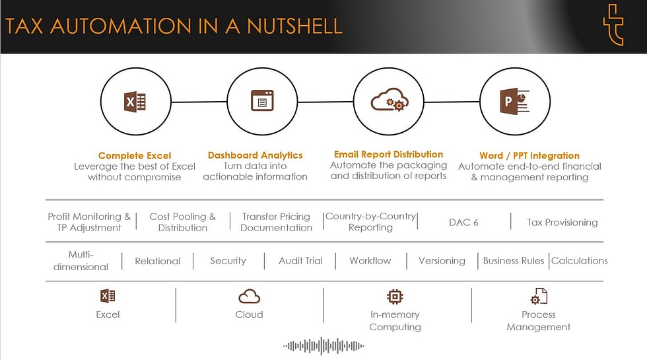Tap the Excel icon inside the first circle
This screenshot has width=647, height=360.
coord(135,102)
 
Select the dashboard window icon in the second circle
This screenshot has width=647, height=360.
coord(261,101)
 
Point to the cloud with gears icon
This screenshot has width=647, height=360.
coord(390,102)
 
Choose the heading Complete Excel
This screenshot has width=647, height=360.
coord(135,156)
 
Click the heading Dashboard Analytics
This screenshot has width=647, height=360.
coord(255,155)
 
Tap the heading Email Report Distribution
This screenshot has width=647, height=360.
coord(388,155)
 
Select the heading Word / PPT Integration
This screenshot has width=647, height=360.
coord(529,156)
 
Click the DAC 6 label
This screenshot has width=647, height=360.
coord(463,222)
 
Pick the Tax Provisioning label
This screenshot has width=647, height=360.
coord(562,222)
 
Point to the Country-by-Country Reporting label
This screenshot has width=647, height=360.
coord(370,221)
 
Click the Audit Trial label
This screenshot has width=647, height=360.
coord(300,260)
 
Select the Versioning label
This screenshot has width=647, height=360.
coord(442,260)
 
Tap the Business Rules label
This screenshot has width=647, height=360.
coord(514,260)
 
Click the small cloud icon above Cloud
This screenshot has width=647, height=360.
coord(249,296)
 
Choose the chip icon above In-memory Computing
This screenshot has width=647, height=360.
coord(395,296)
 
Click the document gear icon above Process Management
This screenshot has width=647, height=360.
coord(539,296)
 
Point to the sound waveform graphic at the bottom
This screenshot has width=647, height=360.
coord(323,345)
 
